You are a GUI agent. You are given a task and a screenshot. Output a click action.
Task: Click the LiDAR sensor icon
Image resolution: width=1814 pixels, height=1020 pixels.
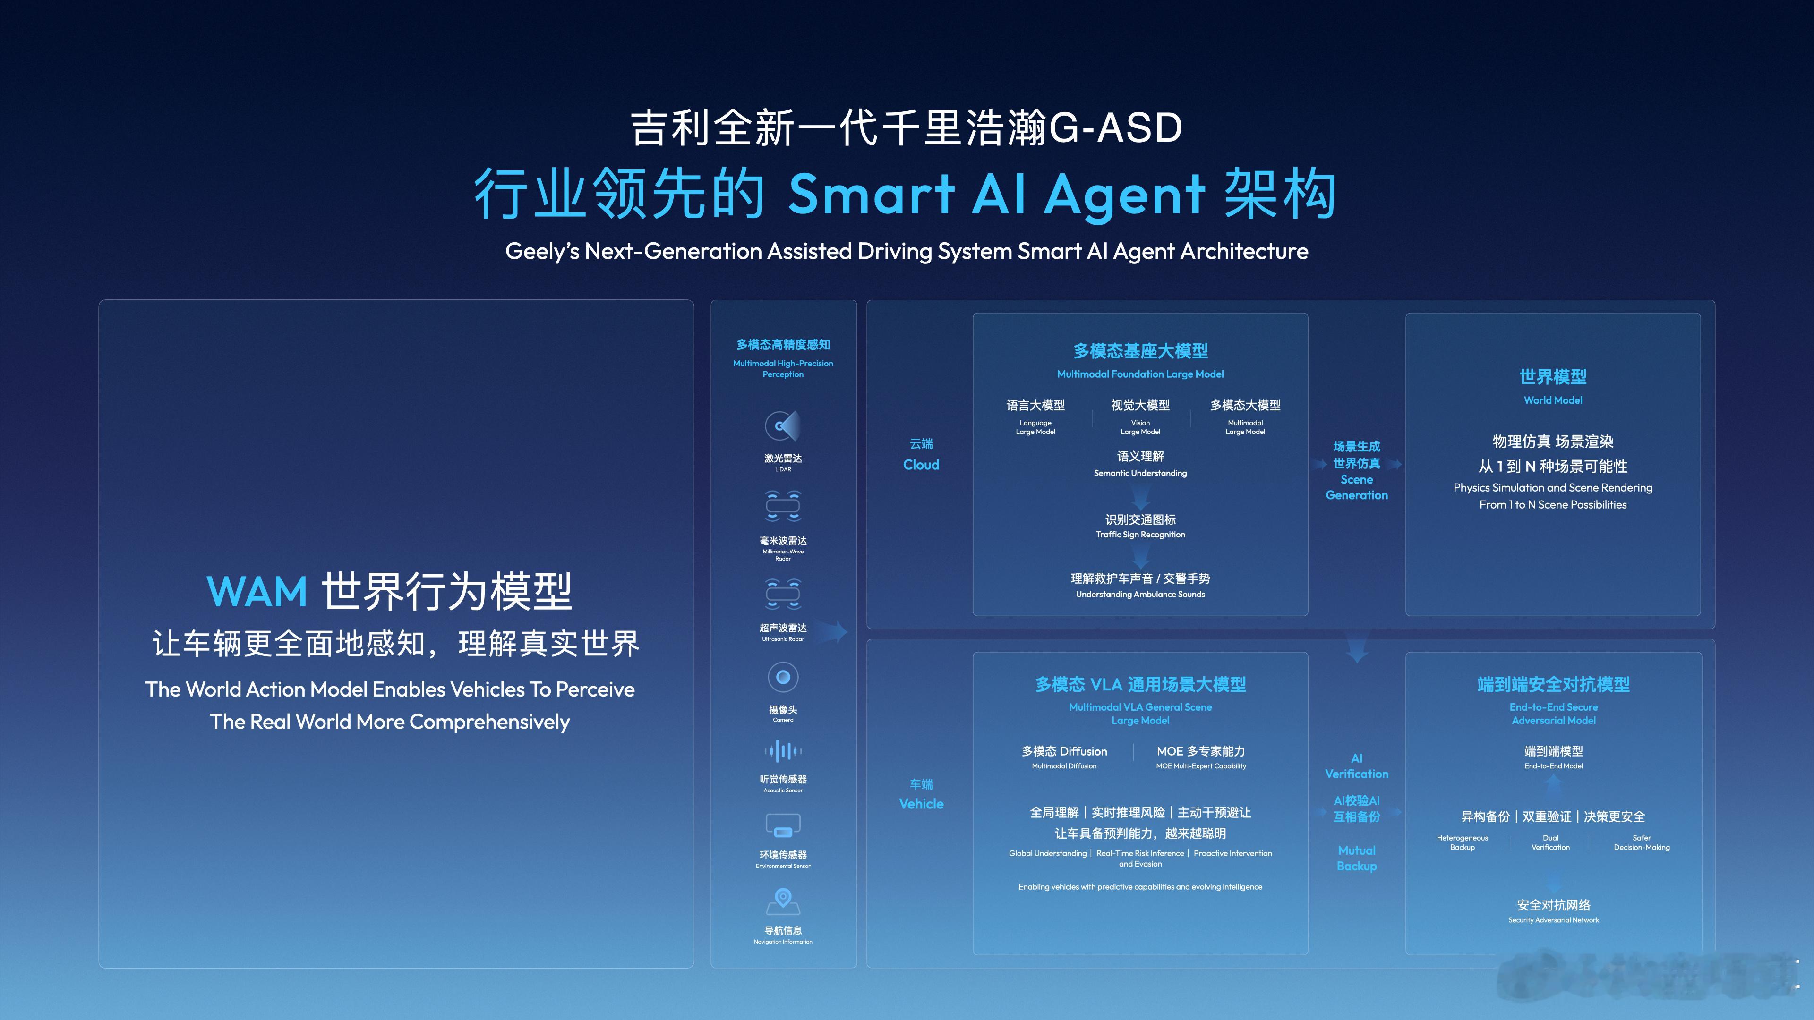pos(782,426)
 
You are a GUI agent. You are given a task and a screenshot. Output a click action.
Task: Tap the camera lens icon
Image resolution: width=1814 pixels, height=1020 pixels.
pos(782,677)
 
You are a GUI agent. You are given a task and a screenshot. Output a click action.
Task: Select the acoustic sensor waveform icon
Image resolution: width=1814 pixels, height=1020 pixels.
pos(782,751)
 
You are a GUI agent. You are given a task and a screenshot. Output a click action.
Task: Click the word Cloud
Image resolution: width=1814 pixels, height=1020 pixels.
pos(921,465)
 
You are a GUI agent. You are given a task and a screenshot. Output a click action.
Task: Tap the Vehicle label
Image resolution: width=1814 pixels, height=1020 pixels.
pos(921,804)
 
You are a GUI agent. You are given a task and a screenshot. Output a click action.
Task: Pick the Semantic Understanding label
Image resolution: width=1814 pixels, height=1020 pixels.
pos(1140,473)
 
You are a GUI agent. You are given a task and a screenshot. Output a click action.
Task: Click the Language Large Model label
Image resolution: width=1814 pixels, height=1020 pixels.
pos(1035,427)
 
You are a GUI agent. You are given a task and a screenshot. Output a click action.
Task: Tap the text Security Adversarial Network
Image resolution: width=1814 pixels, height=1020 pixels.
pos(1553,920)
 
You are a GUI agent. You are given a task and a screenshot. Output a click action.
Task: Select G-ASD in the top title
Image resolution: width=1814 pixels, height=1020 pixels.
pos(1115,128)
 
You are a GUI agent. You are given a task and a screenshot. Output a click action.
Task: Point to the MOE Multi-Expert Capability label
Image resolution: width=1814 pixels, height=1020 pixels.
pos(1201,766)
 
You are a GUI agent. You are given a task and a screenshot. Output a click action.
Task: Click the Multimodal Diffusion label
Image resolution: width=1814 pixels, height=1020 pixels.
pos(1064,766)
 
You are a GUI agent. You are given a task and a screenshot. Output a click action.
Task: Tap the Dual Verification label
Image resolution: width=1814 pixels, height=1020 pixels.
pos(1550,842)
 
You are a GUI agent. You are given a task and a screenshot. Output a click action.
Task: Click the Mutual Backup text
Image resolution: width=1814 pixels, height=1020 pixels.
pos(1356,858)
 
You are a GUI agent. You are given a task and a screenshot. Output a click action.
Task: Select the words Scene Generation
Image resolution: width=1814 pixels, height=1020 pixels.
pos(1356,487)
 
